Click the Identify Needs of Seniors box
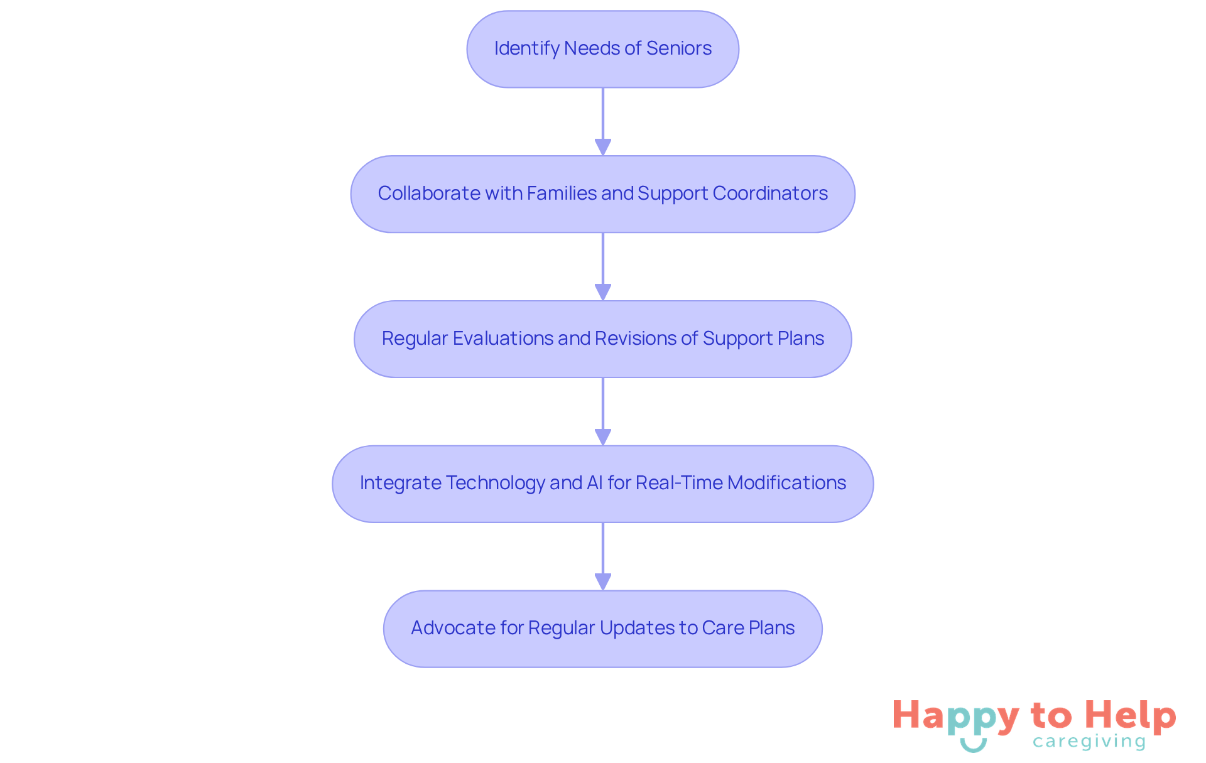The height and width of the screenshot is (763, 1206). pos(602,49)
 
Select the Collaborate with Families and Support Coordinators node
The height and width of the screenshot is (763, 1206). pos(602,194)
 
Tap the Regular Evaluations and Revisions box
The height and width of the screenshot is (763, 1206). pos(602,339)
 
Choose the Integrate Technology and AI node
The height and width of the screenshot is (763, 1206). pos(602,484)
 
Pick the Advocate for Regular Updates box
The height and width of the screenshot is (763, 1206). pos(602,629)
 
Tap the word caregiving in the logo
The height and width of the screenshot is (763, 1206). pos(1089,742)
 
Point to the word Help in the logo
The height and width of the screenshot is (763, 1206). pos(1131,716)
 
